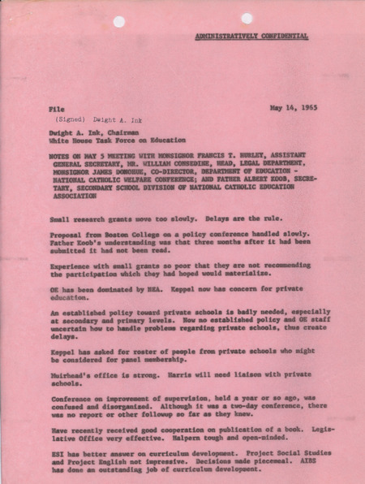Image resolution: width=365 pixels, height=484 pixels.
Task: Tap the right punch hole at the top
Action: (x=247, y=19)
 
